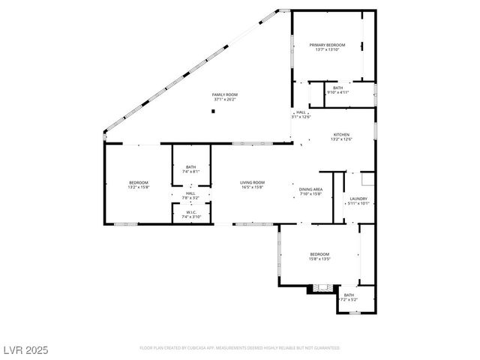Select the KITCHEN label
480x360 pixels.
click(x=341, y=134)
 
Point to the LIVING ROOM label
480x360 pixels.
click(x=253, y=182)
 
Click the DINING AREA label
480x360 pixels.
click(x=310, y=189)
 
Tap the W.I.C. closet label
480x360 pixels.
click(x=190, y=212)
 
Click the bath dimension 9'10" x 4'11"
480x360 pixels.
click(x=338, y=92)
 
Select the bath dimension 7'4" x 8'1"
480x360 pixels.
click(x=190, y=172)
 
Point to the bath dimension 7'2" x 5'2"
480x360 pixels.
click(x=349, y=299)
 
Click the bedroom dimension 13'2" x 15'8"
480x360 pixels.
click(x=139, y=187)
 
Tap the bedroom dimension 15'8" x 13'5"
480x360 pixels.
click(x=319, y=259)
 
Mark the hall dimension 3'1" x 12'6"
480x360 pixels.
click(x=301, y=116)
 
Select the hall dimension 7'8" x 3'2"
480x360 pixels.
click(x=190, y=197)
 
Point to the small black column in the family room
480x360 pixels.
click(x=214, y=111)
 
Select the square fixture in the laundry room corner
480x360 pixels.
click(x=367, y=178)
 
